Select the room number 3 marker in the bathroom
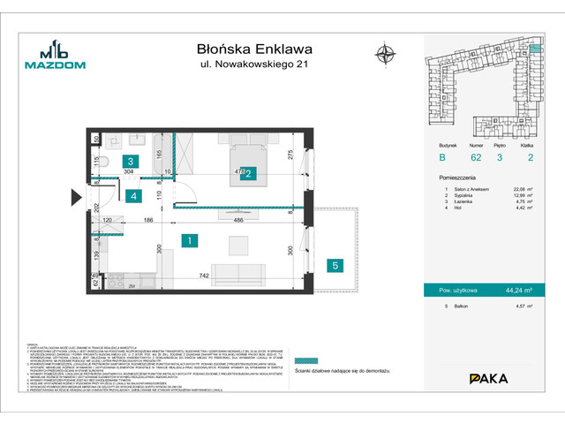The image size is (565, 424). (130, 162)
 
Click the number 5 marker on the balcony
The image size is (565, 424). (335, 265)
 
